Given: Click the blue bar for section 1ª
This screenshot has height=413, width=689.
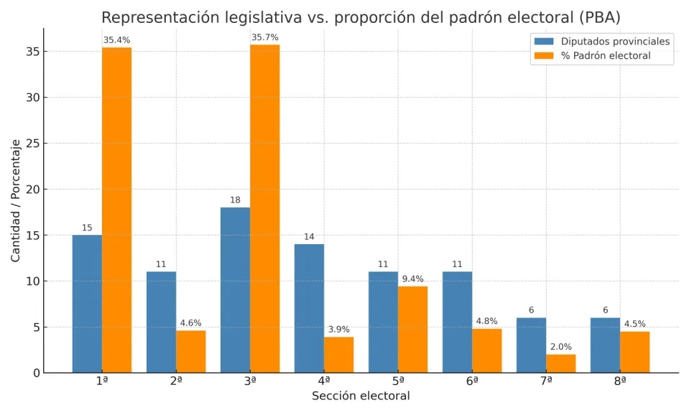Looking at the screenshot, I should point(87,304).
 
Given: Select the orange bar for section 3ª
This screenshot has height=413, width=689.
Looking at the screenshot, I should point(264,208).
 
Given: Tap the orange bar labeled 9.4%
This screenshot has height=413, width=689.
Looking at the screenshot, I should point(412,329).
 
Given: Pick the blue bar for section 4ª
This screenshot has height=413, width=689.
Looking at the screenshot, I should point(309,308).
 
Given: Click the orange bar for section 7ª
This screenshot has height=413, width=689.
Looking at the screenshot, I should point(560,363).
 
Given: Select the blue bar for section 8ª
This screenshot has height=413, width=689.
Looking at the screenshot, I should point(605,345).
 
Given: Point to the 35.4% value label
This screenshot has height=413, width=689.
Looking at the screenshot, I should point(116,40).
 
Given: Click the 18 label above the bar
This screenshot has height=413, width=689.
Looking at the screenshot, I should point(235,200).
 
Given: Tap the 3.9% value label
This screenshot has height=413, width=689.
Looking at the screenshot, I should point(338,330).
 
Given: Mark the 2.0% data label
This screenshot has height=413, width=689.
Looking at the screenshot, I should point(560,347).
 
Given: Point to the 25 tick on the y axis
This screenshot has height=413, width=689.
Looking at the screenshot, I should point(32,143).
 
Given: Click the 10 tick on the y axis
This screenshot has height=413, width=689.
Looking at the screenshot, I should point(32,281).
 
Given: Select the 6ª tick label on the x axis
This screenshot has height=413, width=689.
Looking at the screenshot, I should point(472,381).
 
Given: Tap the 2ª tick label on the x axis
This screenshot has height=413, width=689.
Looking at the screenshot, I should point(176,381).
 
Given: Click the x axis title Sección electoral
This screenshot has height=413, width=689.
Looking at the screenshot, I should point(361,396).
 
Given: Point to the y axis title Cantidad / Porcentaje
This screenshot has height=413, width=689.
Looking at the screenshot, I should point(16,200).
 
